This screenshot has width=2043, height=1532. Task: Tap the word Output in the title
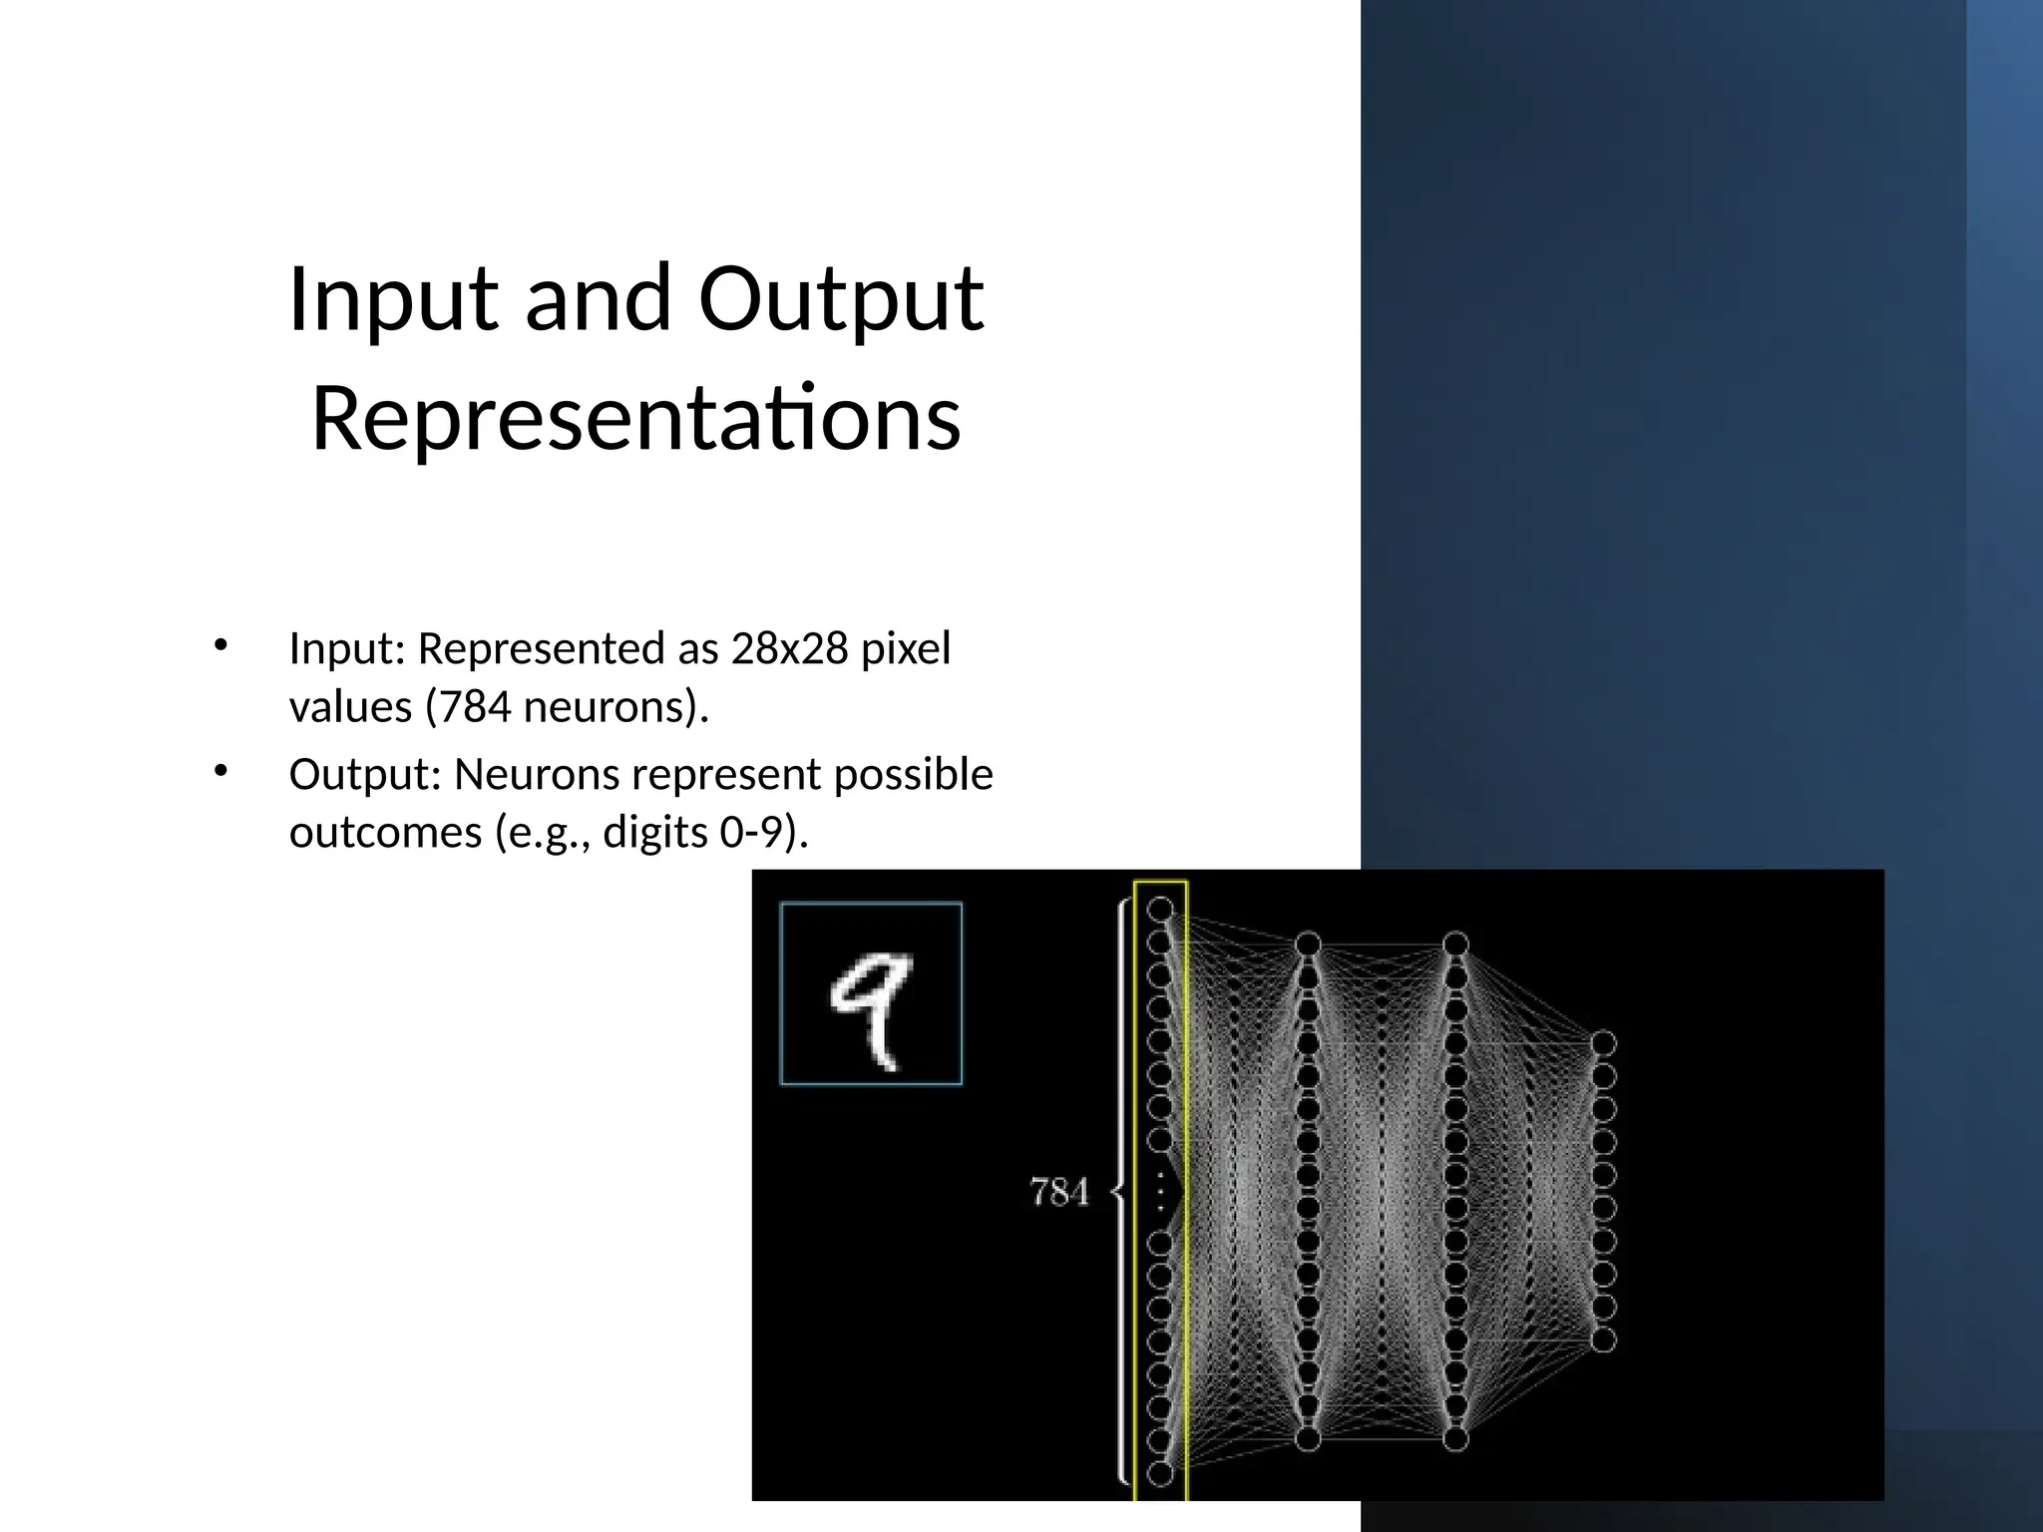click(x=841, y=300)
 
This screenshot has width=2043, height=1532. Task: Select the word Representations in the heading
click(x=636, y=420)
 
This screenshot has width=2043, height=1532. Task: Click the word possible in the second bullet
click(x=914, y=775)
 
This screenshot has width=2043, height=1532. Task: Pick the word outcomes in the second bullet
click(x=385, y=833)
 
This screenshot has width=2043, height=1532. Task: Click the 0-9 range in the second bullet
click(x=752, y=833)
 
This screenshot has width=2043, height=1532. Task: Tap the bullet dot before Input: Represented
click(x=221, y=645)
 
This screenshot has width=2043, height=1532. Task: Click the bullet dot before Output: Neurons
click(x=221, y=770)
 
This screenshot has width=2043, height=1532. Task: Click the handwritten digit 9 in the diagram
click(x=871, y=1008)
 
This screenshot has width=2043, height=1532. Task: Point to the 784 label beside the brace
click(x=1059, y=1192)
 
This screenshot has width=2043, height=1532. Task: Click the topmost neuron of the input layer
click(x=1160, y=910)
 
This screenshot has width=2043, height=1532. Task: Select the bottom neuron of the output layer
click(x=1603, y=1340)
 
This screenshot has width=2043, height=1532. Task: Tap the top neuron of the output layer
click(x=1603, y=1043)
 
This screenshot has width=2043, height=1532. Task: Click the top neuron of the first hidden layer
click(x=1308, y=944)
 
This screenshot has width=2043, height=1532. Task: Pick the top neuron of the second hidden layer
click(x=1455, y=944)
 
